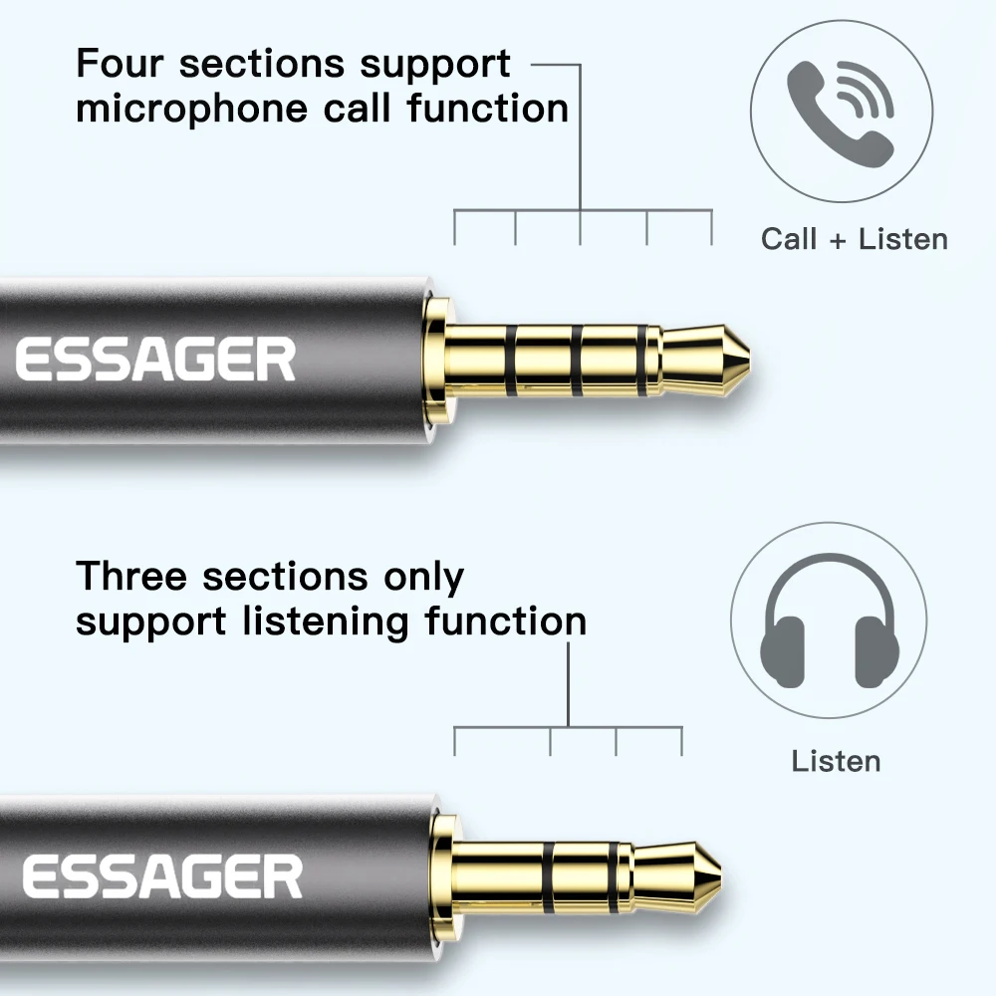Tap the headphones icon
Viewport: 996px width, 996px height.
(829, 632)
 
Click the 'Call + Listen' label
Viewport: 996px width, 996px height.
(854, 239)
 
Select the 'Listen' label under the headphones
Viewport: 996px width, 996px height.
(836, 762)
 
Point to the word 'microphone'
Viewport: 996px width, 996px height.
(193, 108)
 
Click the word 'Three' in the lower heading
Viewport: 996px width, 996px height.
(133, 577)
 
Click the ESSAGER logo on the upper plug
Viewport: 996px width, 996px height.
(155, 360)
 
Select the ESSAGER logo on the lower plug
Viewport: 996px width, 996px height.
(161, 876)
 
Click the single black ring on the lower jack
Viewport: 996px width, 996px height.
(548, 866)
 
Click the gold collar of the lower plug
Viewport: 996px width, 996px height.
(444, 869)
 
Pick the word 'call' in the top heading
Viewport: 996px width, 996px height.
(358, 108)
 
